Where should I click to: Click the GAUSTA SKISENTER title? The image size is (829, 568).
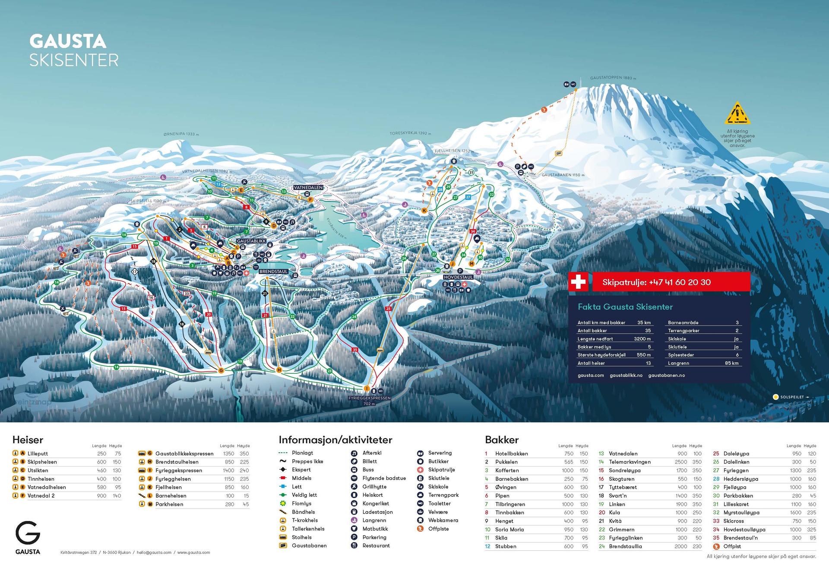[73, 50]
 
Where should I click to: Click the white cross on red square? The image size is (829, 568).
[578, 282]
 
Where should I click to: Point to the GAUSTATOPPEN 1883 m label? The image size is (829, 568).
[613, 78]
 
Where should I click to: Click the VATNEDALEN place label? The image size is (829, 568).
[308, 188]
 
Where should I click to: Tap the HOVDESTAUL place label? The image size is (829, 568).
[458, 277]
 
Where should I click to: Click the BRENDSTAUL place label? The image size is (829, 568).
[273, 272]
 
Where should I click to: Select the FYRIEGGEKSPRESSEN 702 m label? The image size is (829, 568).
[369, 401]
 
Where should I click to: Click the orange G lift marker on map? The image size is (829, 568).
[221, 370]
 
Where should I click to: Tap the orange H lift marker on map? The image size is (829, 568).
[279, 370]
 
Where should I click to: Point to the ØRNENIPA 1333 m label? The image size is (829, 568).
[181, 134]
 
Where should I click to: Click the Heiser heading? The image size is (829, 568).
[28, 440]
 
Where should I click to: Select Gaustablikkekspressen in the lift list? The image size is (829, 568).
[184, 454]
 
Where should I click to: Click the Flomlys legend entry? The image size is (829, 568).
[301, 503]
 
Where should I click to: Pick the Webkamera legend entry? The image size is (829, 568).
[443, 520]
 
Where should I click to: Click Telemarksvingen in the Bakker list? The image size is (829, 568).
[630, 462]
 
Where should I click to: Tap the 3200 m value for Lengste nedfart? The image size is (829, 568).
[642, 339]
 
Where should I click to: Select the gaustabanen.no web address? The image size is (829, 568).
[666, 376]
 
